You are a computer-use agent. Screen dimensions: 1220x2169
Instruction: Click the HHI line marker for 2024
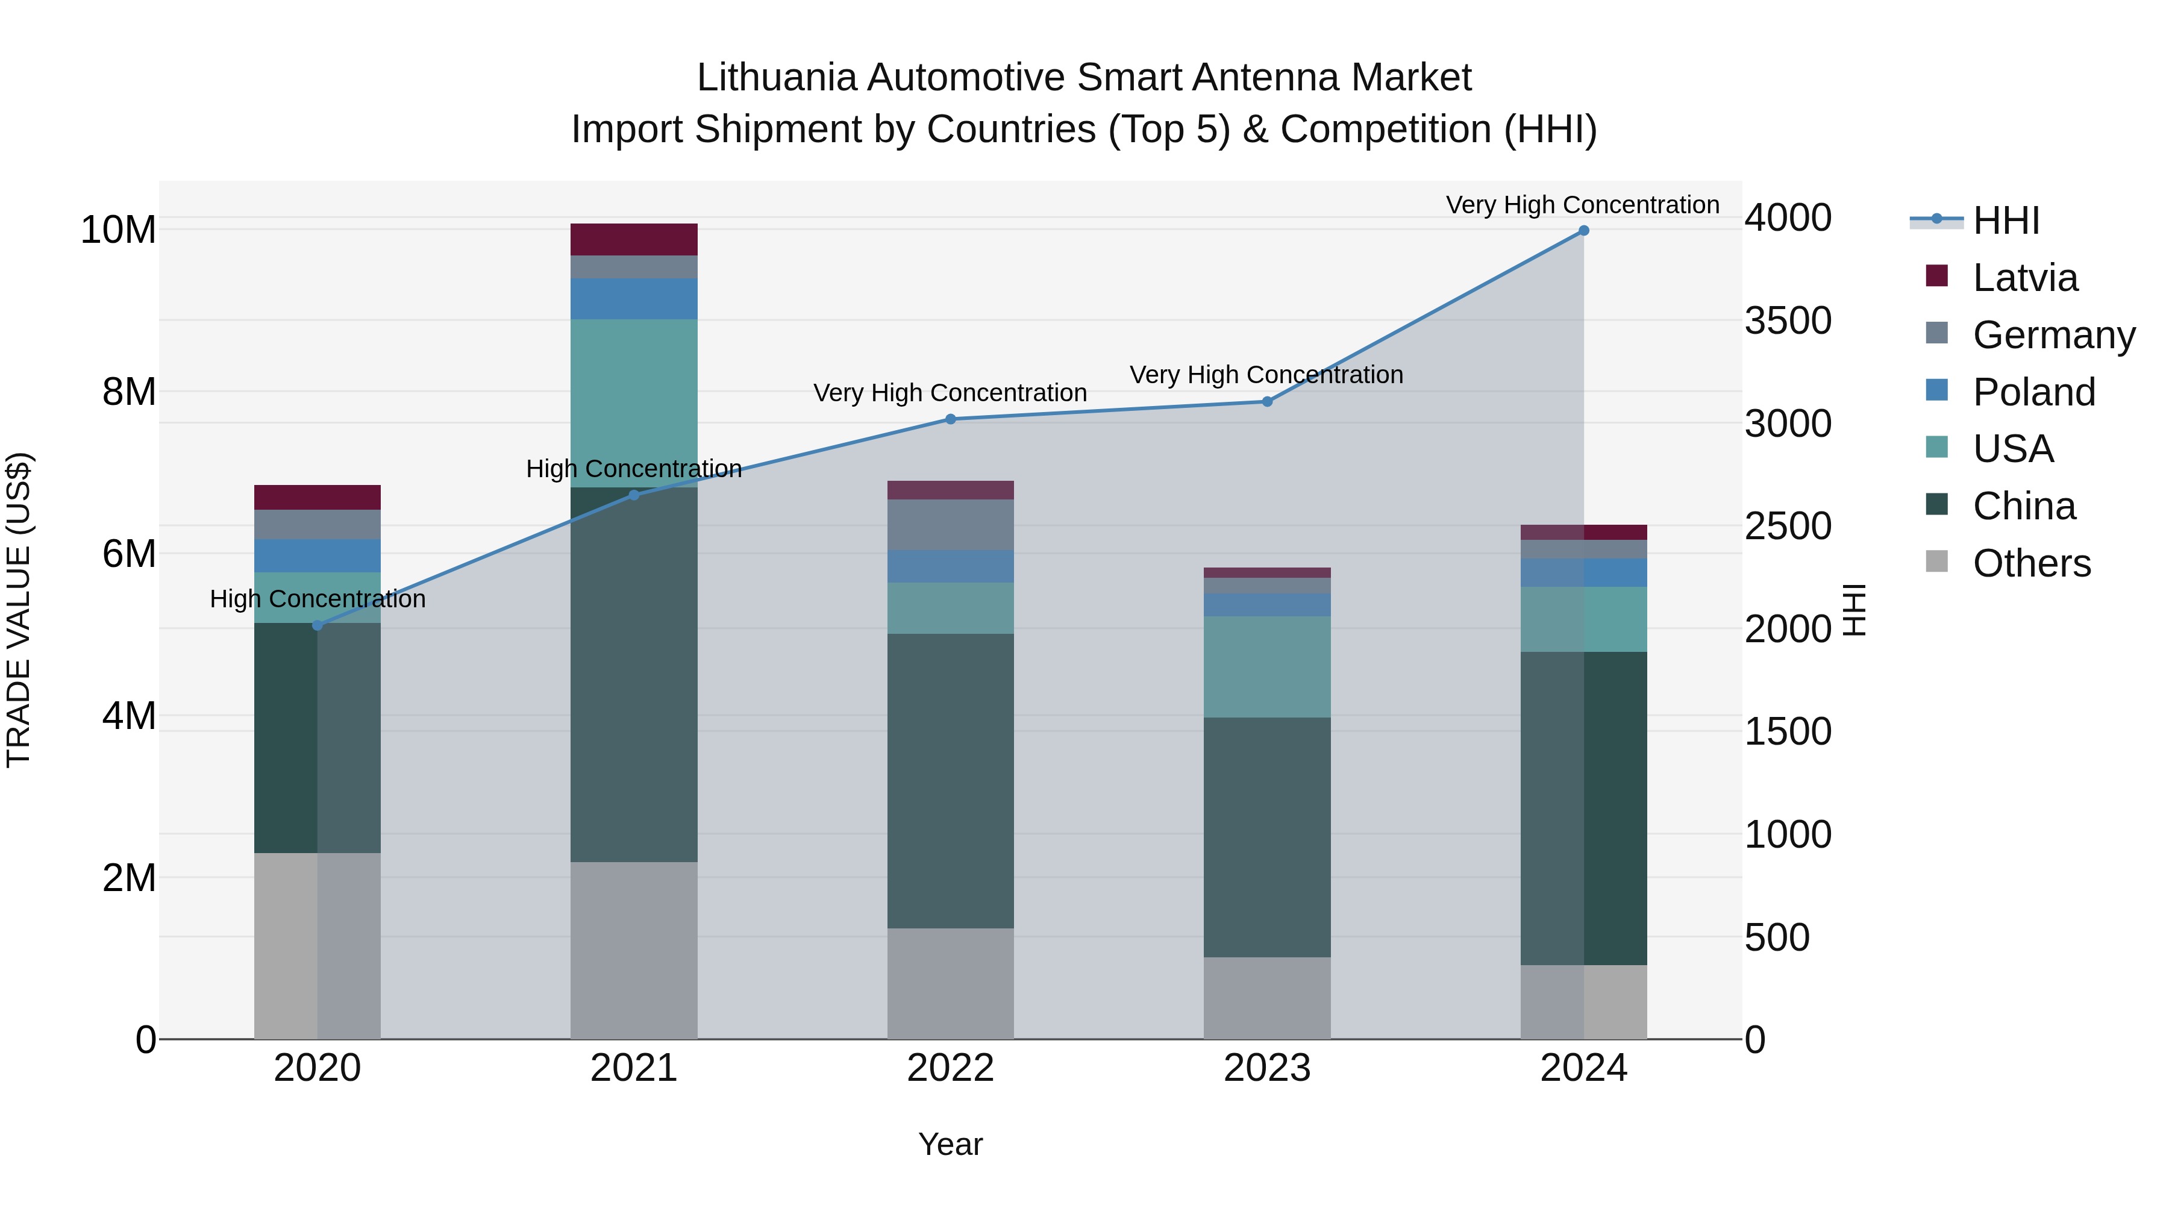1583,231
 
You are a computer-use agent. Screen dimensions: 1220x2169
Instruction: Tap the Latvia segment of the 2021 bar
634,239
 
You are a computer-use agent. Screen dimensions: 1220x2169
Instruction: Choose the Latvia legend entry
2024,278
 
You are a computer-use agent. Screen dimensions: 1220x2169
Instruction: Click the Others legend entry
2031,563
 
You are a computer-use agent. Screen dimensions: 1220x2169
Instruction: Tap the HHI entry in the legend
2006,221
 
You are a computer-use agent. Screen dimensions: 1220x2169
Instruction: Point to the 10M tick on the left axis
118,230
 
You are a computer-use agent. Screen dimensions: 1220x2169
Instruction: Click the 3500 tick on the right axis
1787,321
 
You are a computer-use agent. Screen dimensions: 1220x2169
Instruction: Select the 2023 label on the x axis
1267,1068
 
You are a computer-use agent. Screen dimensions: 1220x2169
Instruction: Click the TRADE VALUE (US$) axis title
19,610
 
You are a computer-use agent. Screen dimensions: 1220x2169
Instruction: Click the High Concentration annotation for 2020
318,599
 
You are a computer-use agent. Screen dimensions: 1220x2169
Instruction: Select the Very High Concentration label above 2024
1582,205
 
